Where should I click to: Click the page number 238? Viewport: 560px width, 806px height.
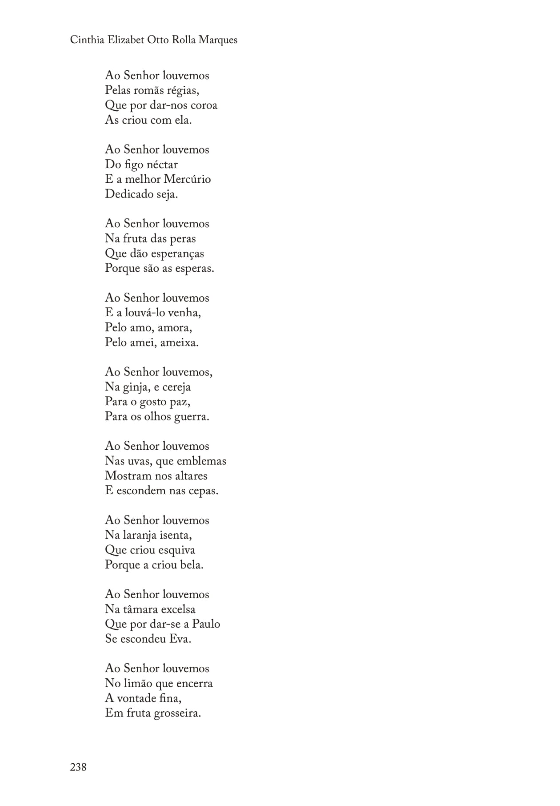tap(78, 766)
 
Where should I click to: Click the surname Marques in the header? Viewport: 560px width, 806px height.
tap(218, 40)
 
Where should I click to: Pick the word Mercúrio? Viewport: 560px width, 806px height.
tap(187, 179)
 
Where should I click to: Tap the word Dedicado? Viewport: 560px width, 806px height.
tap(129, 194)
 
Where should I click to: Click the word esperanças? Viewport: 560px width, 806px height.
tap(177, 254)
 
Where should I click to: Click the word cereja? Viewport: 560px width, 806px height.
tap(176, 387)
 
